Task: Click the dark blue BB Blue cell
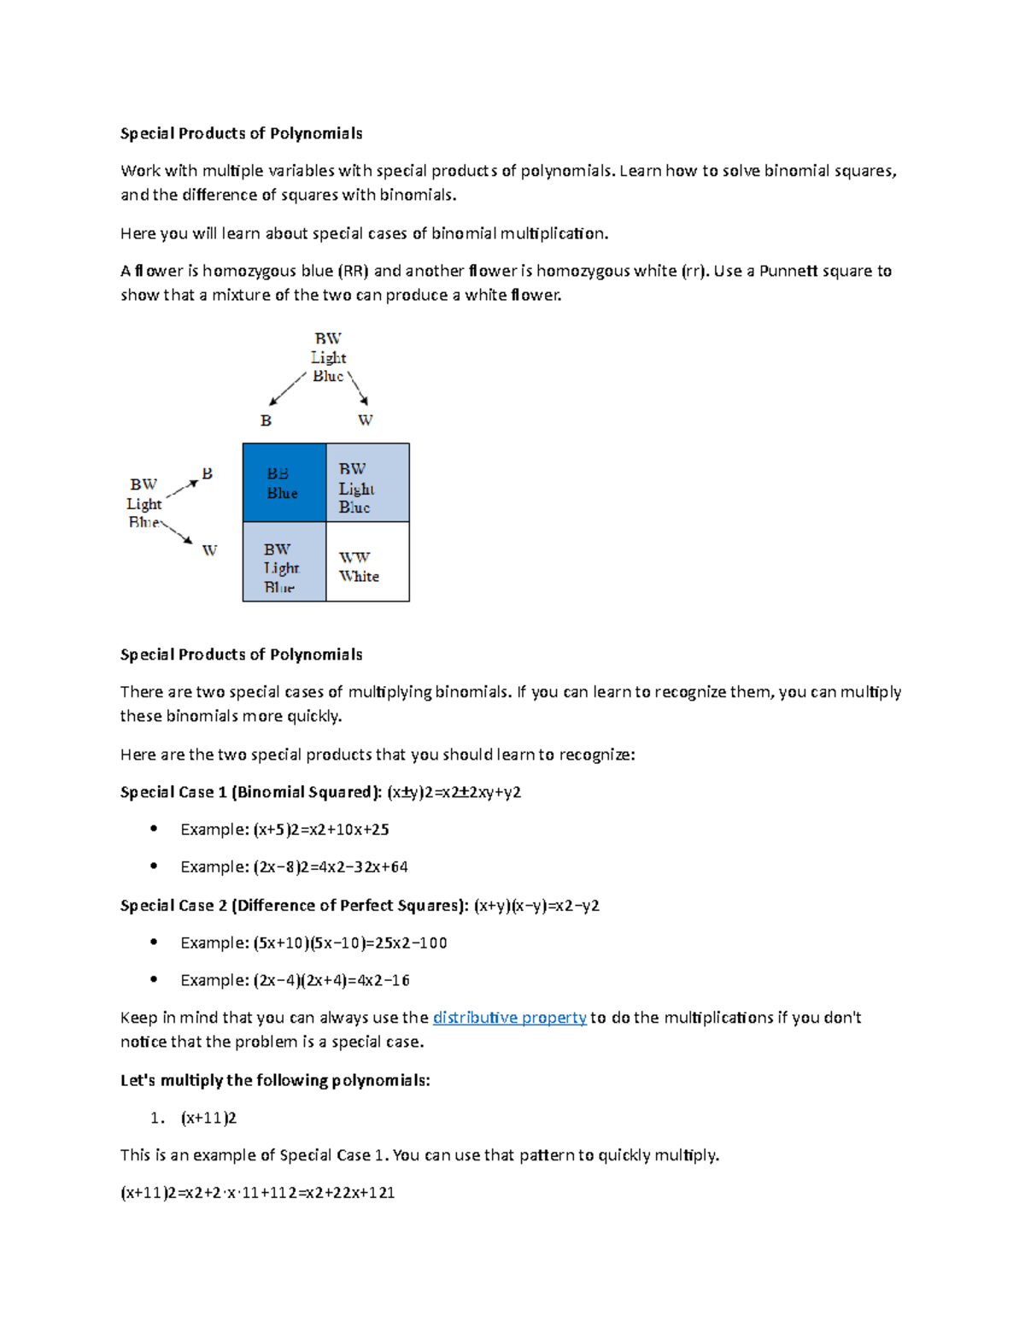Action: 284,483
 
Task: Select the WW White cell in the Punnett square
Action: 367,562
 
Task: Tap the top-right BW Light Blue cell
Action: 367,483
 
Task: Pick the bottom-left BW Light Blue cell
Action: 284,562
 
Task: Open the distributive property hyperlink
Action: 509,1018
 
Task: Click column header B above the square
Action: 266,420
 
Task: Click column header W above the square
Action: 365,420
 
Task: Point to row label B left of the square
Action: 207,473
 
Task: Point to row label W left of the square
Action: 209,550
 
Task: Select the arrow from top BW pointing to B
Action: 287,389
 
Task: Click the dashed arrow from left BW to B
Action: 182,489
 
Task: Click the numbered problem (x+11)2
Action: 208,1118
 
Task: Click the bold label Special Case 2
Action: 173,906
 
